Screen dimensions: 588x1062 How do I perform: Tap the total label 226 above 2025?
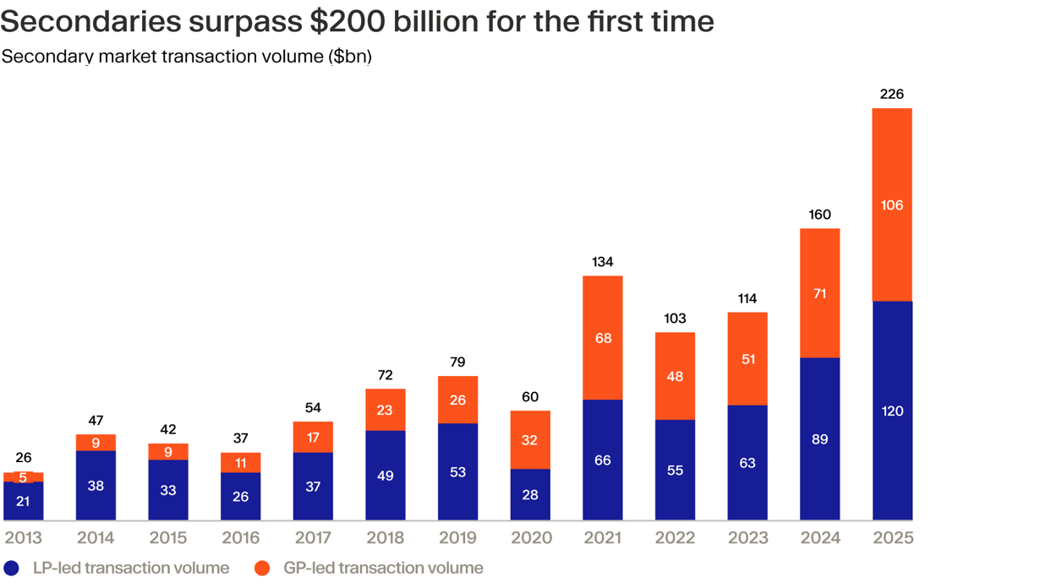(892, 94)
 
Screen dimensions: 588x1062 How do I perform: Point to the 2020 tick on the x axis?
(530, 537)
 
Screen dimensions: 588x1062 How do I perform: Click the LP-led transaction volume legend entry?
(130, 568)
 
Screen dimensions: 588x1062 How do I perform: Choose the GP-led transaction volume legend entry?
(383, 568)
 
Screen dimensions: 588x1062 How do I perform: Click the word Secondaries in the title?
(90, 22)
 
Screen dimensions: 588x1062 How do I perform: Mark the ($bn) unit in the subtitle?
(349, 57)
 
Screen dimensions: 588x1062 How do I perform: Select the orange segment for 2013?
(24, 477)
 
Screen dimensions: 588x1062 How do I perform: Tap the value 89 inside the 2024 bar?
(819, 439)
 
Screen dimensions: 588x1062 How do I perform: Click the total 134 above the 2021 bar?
(603, 262)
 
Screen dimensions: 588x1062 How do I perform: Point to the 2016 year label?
(241, 537)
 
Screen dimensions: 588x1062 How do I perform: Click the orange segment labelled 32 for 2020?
(530, 440)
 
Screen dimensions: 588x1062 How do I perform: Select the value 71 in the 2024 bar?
(819, 294)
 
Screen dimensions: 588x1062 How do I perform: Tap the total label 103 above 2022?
(675, 318)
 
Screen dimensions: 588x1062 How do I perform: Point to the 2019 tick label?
(457, 537)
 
